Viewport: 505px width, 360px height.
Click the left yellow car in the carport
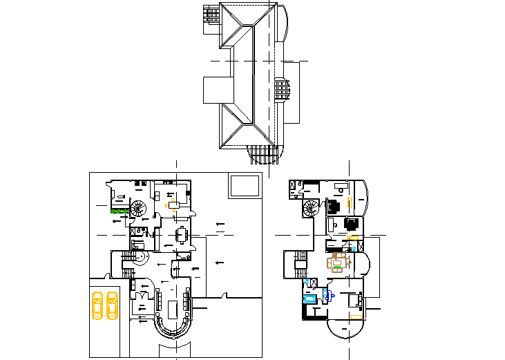click(x=97, y=305)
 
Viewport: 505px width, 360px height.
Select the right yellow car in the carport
click(x=112, y=305)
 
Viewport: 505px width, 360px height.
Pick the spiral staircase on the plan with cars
click(x=139, y=208)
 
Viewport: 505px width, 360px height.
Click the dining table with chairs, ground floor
click(x=181, y=235)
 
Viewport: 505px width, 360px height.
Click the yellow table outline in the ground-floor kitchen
click(x=174, y=205)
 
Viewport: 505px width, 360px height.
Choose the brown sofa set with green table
click(x=339, y=262)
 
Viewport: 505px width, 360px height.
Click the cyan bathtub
click(x=309, y=299)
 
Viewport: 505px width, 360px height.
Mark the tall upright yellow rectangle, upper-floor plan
click(x=350, y=202)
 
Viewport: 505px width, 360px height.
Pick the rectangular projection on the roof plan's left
click(x=215, y=90)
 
